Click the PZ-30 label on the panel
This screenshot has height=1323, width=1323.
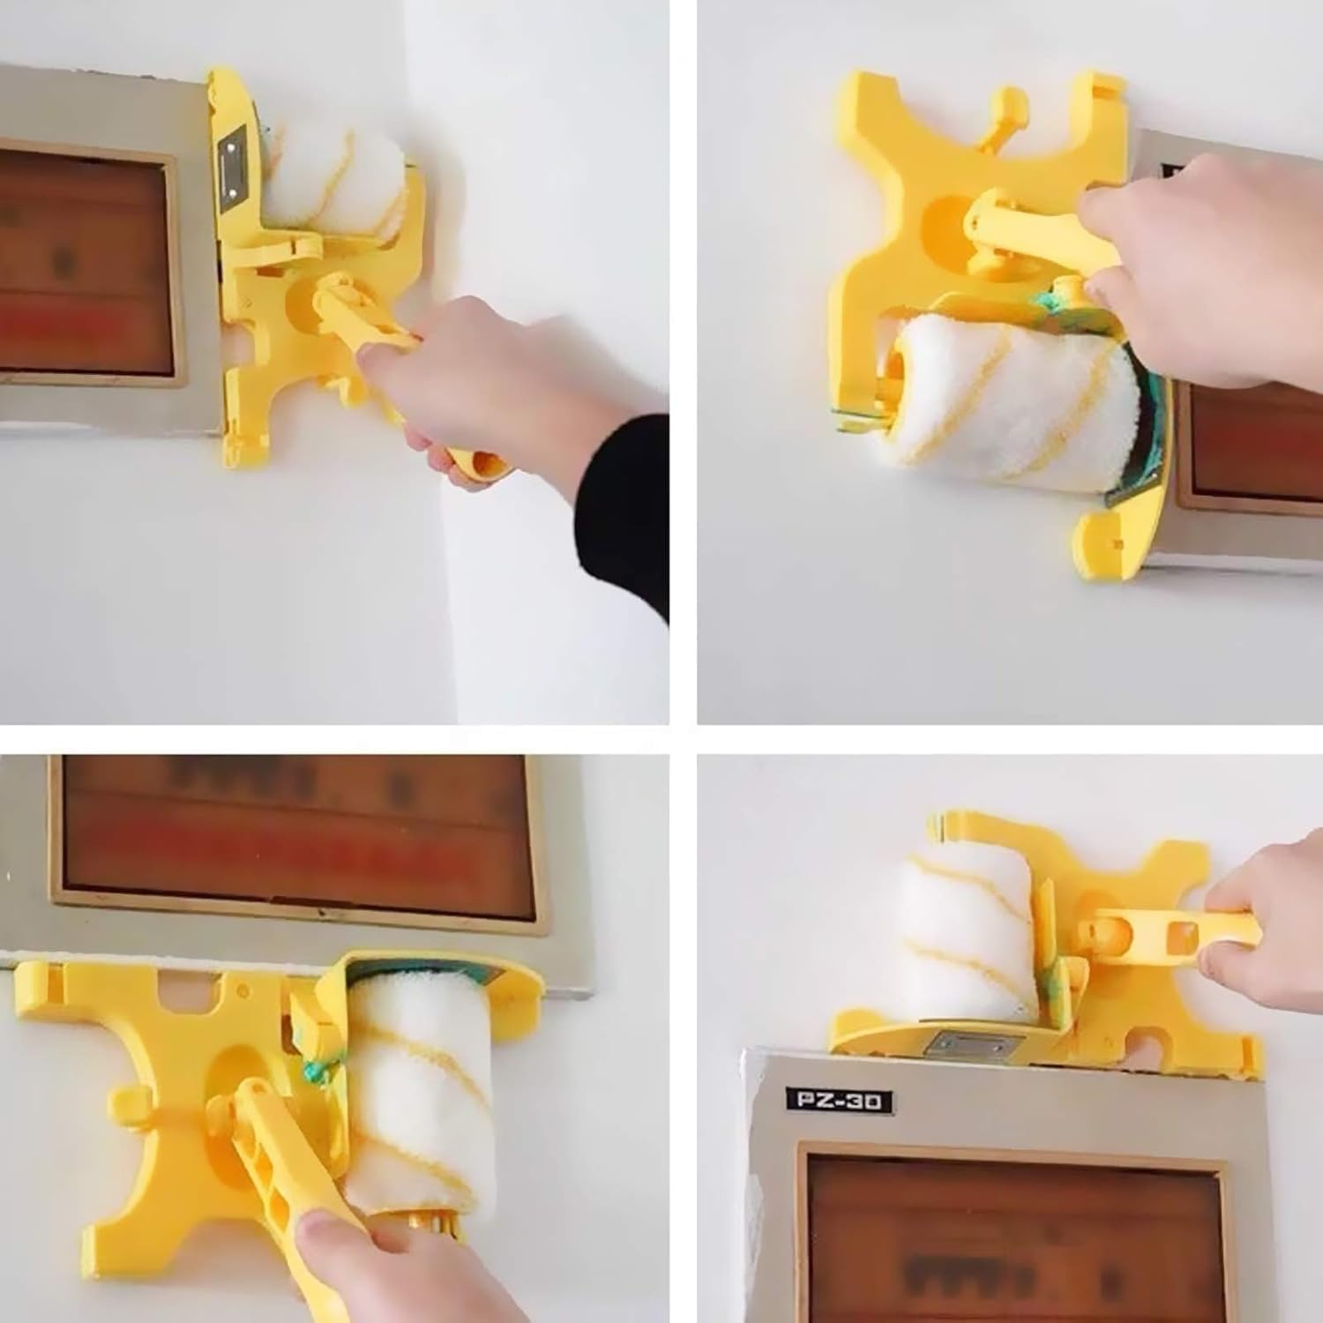click(x=838, y=1101)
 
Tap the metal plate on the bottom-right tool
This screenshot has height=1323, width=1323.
click(x=967, y=1046)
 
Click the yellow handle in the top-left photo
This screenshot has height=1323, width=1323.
click(x=370, y=326)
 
